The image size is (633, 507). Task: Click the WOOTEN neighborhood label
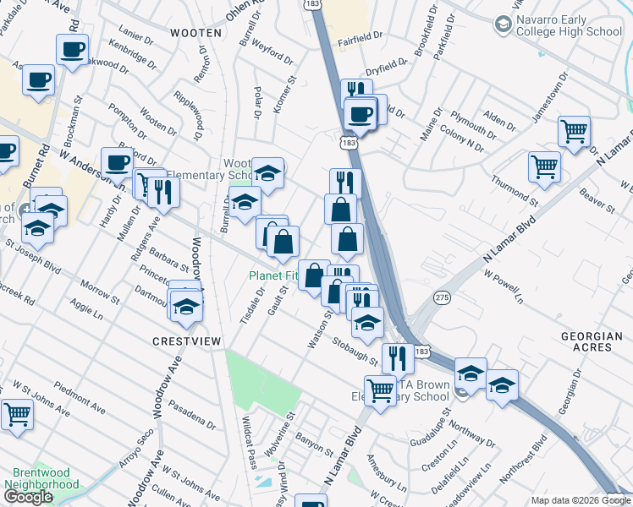(x=195, y=33)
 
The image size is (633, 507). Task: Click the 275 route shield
(x=441, y=298)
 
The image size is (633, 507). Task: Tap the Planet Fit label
(x=272, y=275)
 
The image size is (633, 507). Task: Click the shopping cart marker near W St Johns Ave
(x=16, y=413)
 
